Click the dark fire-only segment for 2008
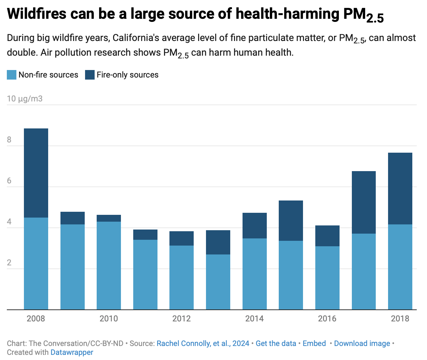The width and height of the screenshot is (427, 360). coord(36,173)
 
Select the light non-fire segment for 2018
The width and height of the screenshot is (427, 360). coord(400,267)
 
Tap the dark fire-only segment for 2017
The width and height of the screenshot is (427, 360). coord(363,202)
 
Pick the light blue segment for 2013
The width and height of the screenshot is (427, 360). coord(218,282)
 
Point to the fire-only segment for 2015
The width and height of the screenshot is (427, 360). coord(291,221)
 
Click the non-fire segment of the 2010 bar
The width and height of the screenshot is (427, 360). coord(109,265)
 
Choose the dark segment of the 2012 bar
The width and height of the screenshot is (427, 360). coord(181,238)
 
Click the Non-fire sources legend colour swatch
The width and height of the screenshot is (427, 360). coord(12,75)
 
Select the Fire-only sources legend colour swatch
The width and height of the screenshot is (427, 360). coord(89,75)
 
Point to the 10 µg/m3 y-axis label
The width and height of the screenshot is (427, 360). coord(25,99)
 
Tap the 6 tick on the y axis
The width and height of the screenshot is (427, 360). coord(9,181)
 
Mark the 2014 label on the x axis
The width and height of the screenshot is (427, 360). coord(254,319)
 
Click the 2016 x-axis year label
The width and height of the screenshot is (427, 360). coord(327,319)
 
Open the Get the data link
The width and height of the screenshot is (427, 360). coord(276,343)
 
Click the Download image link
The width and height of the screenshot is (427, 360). coord(362,343)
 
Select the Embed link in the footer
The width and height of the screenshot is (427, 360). coord(314,343)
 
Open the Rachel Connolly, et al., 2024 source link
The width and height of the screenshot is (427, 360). coord(203,343)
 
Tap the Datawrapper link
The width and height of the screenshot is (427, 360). coord(72,352)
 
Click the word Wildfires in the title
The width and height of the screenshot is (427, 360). coord(37,14)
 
